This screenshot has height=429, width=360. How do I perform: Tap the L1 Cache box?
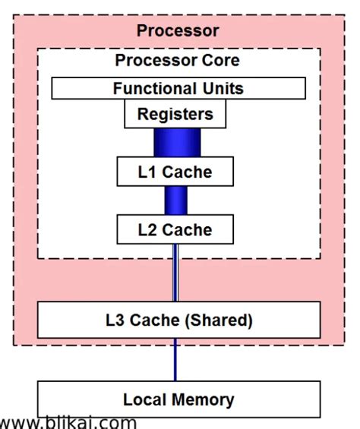point(175,172)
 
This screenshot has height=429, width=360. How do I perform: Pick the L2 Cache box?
point(175,228)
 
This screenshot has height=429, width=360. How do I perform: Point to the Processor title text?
point(178,30)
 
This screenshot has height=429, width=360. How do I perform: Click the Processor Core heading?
point(177,60)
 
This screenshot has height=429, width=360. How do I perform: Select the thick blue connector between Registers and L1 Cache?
point(176,143)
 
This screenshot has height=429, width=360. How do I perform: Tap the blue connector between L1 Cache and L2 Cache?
point(176,200)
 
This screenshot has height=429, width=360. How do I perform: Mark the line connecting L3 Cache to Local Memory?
point(176,359)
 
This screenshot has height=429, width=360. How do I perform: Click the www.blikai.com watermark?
point(68,422)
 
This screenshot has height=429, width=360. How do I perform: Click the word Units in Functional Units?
point(220,88)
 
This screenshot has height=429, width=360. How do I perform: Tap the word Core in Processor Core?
point(222,60)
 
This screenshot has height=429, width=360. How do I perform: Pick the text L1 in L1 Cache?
point(147,172)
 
